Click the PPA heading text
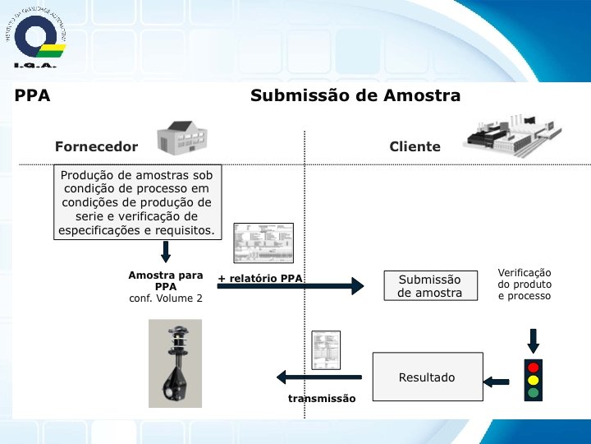(33, 95)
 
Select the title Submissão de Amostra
(355, 95)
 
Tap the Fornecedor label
(96, 147)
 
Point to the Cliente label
(415, 147)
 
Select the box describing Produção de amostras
(137, 202)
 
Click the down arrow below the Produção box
(165, 252)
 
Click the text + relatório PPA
(260, 279)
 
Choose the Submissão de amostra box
(430, 286)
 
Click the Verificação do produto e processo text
(525, 284)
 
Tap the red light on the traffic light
(534, 368)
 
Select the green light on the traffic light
(534, 392)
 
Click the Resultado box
(427, 378)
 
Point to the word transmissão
(322, 399)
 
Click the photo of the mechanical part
(174, 363)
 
